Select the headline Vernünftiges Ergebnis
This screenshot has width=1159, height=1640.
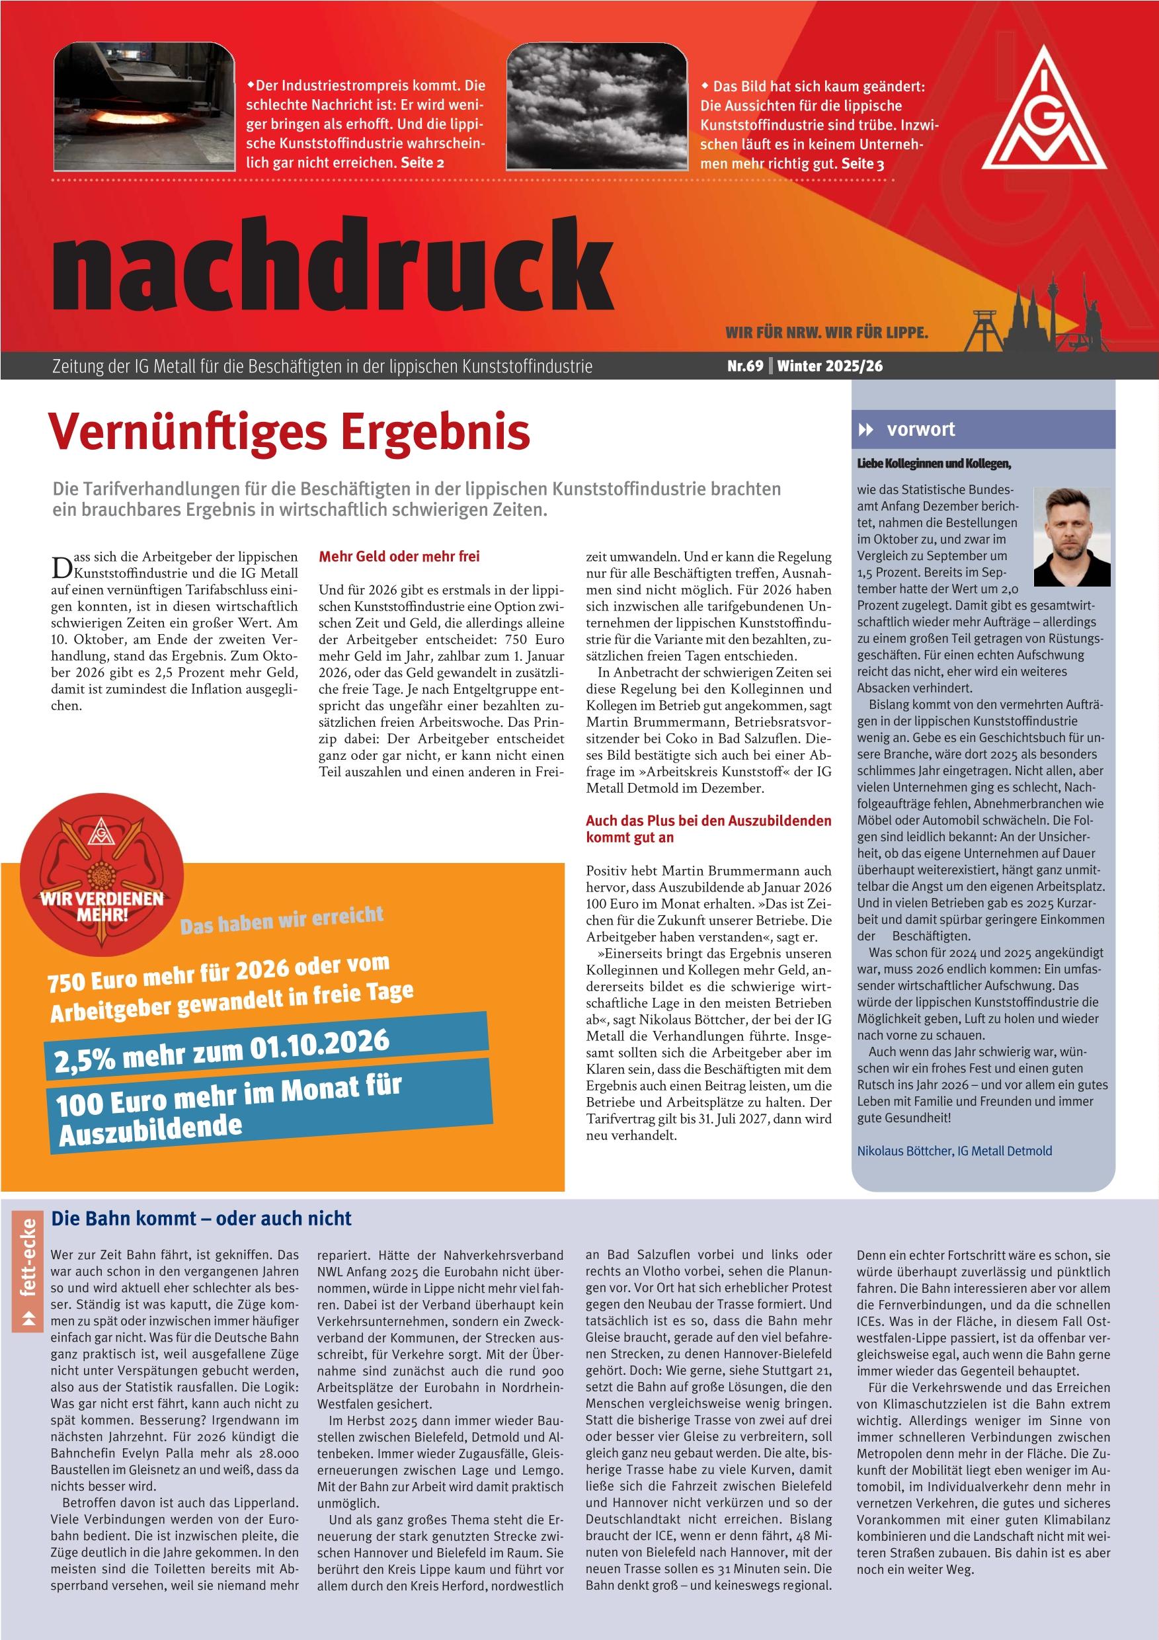[288, 431]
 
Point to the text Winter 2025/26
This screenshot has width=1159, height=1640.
[830, 366]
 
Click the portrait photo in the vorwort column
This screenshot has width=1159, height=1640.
[1072, 536]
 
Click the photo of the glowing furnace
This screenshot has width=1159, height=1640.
[145, 107]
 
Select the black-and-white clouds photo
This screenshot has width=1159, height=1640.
[597, 107]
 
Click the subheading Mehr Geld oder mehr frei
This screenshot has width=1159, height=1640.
[399, 556]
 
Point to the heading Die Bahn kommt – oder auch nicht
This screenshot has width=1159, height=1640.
[202, 1218]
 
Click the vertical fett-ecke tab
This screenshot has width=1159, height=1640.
[28, 1272]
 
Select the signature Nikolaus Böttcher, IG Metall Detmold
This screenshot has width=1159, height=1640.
[955, 1151]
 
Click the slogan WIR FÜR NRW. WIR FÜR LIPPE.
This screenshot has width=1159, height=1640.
[826, 333]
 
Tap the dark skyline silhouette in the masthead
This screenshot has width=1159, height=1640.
[1036, 321]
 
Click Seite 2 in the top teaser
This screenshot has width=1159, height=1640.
[422, 163]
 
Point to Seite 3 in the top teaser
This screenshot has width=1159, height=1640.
[863, 163]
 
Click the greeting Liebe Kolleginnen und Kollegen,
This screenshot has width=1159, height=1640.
[934, 464]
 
